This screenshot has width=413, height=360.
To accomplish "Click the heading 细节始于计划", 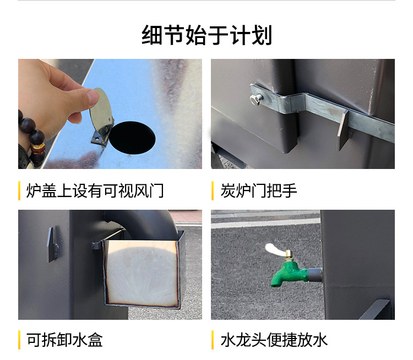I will pos(206,36).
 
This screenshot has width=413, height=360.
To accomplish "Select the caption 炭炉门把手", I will pos(258,190).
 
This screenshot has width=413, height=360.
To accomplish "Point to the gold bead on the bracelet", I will pos(38,148).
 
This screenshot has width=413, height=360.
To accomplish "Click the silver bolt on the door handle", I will pos(256,100).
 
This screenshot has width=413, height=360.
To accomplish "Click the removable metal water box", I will pos(142,272).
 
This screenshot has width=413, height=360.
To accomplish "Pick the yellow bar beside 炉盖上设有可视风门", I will pos(20,190).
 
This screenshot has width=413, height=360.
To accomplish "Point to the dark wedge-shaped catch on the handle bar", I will pos(343,129).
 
